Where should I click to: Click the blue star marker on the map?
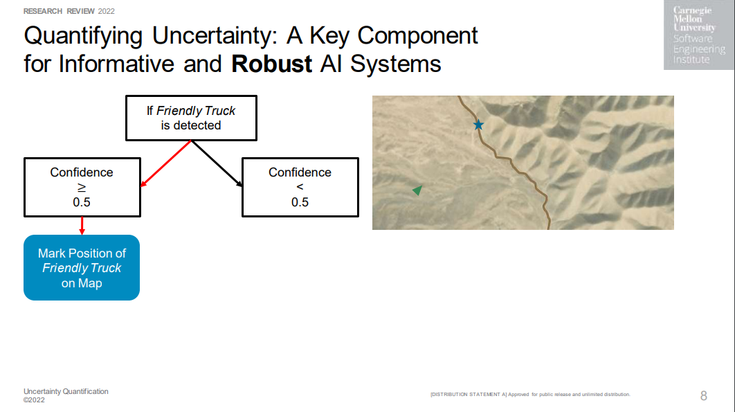point(478,125)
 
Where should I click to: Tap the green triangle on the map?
point(417,190)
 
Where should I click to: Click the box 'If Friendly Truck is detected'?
point(191,118)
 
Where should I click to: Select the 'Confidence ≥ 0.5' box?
point(82,187)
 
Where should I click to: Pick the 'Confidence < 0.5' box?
point(300,187)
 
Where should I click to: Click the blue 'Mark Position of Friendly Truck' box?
point(82,267)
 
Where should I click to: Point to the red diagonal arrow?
point(166,163)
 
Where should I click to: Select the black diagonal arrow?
point(217,163)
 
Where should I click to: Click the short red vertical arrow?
point(82,226)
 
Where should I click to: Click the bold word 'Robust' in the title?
point(271,64)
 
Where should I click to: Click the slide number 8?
point(704,395)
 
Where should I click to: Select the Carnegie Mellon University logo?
point(699,35)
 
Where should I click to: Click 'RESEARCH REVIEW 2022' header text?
point(69,11)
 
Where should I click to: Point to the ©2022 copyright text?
point(34,400)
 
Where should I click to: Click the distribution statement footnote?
point(530,395)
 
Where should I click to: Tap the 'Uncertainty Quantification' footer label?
point(66,391)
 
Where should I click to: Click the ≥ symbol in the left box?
point(82,187)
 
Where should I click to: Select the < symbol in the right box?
point(300,187)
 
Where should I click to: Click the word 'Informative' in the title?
point(116,64)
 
